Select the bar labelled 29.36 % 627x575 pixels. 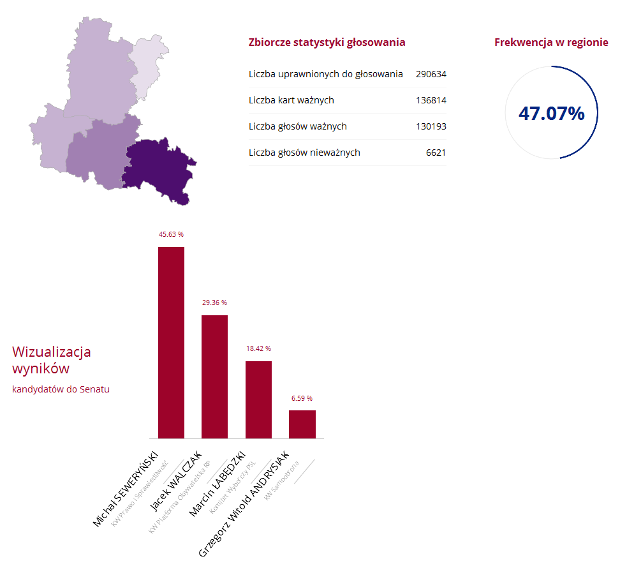pyautogui.click(x=214, y=377)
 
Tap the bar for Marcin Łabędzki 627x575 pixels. pyautogui.click(x=258, y=400)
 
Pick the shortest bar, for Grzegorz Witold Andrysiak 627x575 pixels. pyautogui.click(x=302, y=424)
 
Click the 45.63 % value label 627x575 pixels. pyautogui.click(x=171, y=235)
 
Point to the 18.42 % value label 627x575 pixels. pyautogui.click(x=258, y=349)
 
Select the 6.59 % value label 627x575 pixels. pyautogui.click(x=302, y=398)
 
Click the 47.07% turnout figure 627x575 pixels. pyautogui.click(x=551, y=114)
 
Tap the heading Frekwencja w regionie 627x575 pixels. pyautogui.click(x=551, y=43)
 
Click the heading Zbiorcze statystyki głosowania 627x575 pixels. pyautogui.click(x=327, y=43)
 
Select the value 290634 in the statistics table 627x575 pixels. pyautogui.click(x=431, y=74)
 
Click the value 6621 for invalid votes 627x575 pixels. pyautogui.click(x=436, y=153)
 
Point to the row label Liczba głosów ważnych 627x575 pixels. pyautogui.click(x=297, y=126)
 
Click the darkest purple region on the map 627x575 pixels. pyautogui.click(x=156, y=169)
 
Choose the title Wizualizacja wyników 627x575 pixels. pyautogui.click(x=51, y=360)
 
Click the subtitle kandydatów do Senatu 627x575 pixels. pyautogui.click(x=61, y=389)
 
